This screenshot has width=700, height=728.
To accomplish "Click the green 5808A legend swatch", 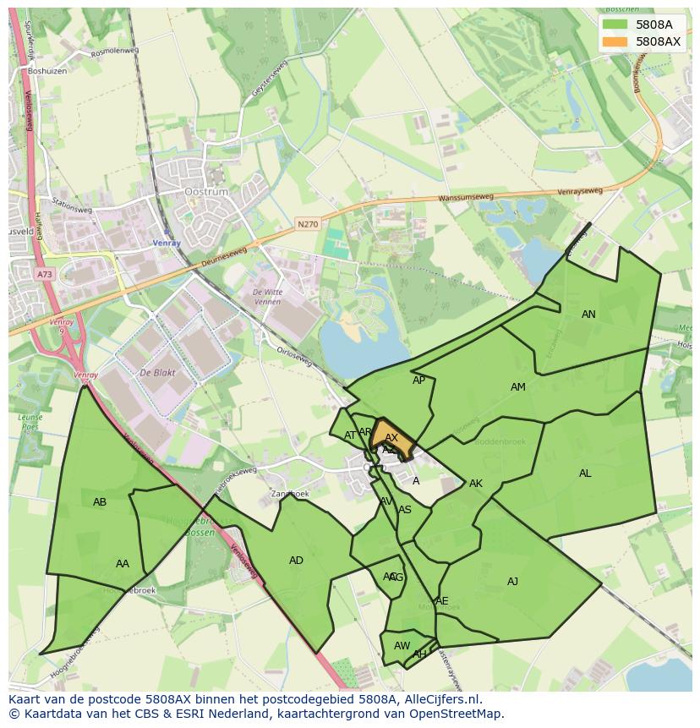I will pyautogui.click(x=615, y=25).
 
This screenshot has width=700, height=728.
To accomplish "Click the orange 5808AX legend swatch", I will pyautogui.click(x=615, y=41).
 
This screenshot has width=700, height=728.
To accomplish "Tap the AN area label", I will pyautogui.click(x=588, y=315).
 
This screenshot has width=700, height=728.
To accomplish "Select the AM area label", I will pyautogui.click(x=518, y=387).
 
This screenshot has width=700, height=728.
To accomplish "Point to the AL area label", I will pyautogui.click(x=585, y=473).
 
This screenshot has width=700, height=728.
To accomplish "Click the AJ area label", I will pyautogui.click(x=512, y=581).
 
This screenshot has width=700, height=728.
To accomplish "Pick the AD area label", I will pyautogui.click(x=296, y=561).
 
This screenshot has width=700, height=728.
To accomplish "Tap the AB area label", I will pyautogui.click(x=100, y=502).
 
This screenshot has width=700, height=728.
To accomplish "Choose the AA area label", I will pyautogui.click(x=123, y=564).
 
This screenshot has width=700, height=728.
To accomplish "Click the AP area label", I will pyautogui.click(x=418, y=380).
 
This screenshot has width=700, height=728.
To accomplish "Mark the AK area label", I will pyautogui.click(x=476, y=484).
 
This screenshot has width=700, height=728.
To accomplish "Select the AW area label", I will pyautogui.click(x=402, y=646).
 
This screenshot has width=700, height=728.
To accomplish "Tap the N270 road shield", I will pyautogui.click(x=308, y=225).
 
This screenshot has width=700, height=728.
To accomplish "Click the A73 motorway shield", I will pyautogui.click(x=44, y=274).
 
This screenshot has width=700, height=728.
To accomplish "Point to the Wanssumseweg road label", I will pyautogui.click(x=465, y=200).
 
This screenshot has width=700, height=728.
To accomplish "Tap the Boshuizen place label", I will pyautogui.click(x=46, y=71).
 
